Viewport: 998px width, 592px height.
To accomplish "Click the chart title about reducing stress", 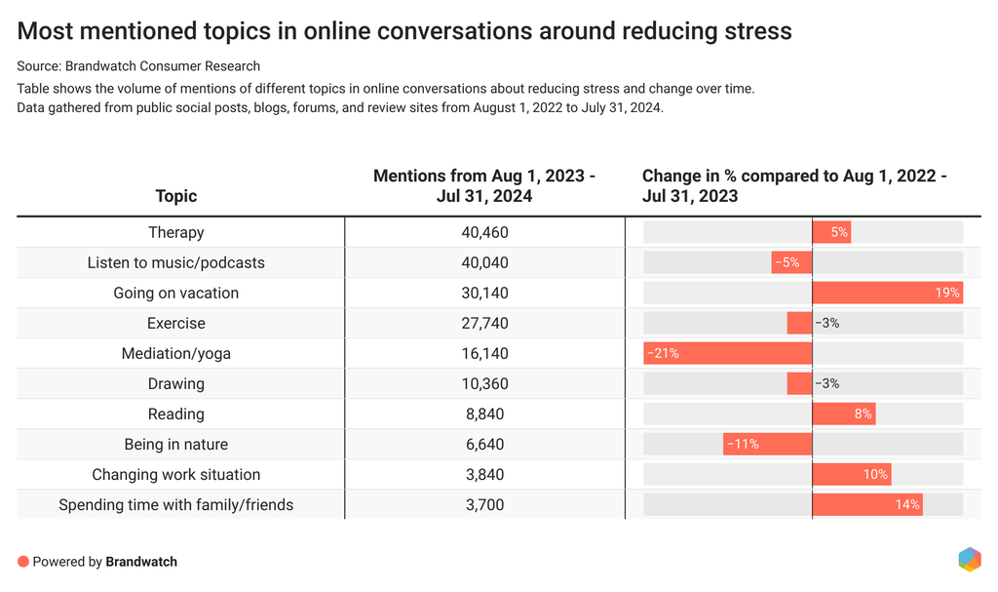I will (404, 31).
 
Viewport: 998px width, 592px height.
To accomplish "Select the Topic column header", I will (175, 196).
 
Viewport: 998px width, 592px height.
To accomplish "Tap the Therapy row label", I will (175, 232).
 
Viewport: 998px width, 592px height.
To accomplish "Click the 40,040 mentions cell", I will (484, 262).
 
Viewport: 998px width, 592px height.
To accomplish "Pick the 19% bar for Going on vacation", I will (887, 293).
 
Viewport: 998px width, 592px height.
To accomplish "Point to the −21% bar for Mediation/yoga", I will (728, 353).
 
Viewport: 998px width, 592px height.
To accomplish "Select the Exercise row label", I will (175, 323).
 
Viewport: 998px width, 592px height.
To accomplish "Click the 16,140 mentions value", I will (484, 353).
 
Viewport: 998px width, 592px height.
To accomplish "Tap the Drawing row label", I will (175, 383).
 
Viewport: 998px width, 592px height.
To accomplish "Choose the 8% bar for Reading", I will (843, 414).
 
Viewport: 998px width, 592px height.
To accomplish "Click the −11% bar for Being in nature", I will (768, 444).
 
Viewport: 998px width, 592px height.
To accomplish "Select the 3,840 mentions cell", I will (484, 474).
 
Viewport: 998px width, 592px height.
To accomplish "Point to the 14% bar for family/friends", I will (867, 504).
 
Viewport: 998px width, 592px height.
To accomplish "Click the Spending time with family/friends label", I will (175, 504).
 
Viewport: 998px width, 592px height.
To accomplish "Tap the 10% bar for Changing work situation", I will (851, 474).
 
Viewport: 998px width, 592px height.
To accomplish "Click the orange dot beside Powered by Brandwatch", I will (23, 562).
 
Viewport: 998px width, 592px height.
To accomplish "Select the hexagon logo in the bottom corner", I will (969, 559).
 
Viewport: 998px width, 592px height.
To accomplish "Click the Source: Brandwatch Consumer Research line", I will (138, 66).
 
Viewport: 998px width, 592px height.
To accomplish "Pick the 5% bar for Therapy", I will (831, 232).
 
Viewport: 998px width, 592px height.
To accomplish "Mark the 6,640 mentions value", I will (484, 444).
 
